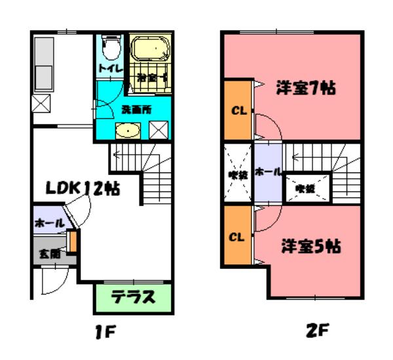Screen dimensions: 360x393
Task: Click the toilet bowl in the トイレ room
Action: point(109,47)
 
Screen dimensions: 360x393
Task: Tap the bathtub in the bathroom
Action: point(150,49)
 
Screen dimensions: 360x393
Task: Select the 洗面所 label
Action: point(136,110)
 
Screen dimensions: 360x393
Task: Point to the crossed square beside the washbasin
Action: point(159,130)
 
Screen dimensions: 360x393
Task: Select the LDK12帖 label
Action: point(82,188)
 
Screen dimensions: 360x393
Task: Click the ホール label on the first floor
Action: point(50,223)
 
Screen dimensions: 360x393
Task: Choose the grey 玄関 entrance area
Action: point(50,252)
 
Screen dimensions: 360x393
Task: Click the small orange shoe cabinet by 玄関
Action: point(74,242)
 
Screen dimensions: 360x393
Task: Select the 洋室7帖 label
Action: point(305,88)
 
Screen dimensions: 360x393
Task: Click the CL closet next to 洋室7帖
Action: point(237,110)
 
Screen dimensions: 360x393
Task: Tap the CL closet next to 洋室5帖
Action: point(237,236)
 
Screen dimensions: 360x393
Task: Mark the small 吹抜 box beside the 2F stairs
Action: point(305,188)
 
